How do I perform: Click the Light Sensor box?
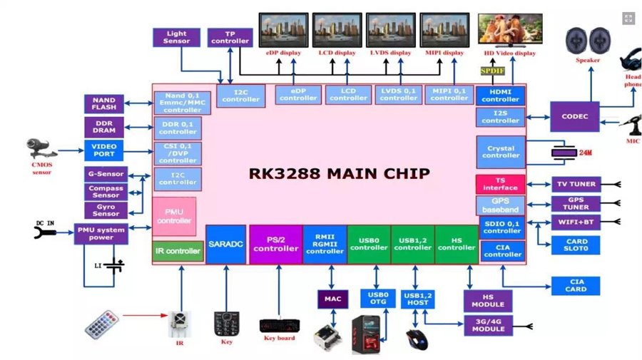[x=176, y=37]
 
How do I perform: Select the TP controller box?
[x=230, y=37]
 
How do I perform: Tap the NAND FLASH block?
[x=104, y=103]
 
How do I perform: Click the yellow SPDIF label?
[x=492, y=71]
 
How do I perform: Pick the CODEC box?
[x=574, y=116]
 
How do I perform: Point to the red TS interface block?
[x=500, y=184]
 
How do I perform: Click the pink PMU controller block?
[x=174, y=217]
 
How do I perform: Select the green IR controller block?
[x=178, y=251]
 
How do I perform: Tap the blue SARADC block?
[x=225, y=245]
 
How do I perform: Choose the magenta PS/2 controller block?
[x=275, y=245]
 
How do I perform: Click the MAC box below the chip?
[x=332, y=299]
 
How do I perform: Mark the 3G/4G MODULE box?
[x=488, y=325]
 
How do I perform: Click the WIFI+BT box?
[x=576, y=222]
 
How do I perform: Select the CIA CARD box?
[x=576, y=285]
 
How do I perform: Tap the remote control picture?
[x=101, y=324]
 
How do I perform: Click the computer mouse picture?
[x=417, y=339]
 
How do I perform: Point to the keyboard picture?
[x=279, y=326]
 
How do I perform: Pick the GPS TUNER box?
[x=576, y=203]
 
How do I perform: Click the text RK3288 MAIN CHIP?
[x=339, y=173]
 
